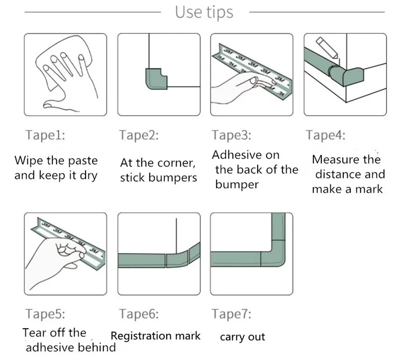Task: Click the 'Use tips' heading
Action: coord(204,12)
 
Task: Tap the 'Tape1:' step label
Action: coord(45,135)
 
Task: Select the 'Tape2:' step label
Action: coord(139,135)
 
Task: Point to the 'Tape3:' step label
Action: coord(231,135)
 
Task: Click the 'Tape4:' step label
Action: coord(325,135)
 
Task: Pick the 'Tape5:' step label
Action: coord(45,314)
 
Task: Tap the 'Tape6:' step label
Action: coord(139,314)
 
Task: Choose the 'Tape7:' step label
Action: coord(231,314)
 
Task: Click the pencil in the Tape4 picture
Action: coord(327,48)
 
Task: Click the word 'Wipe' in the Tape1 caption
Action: coord(28,160)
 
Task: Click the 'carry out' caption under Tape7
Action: coord(242,337)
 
